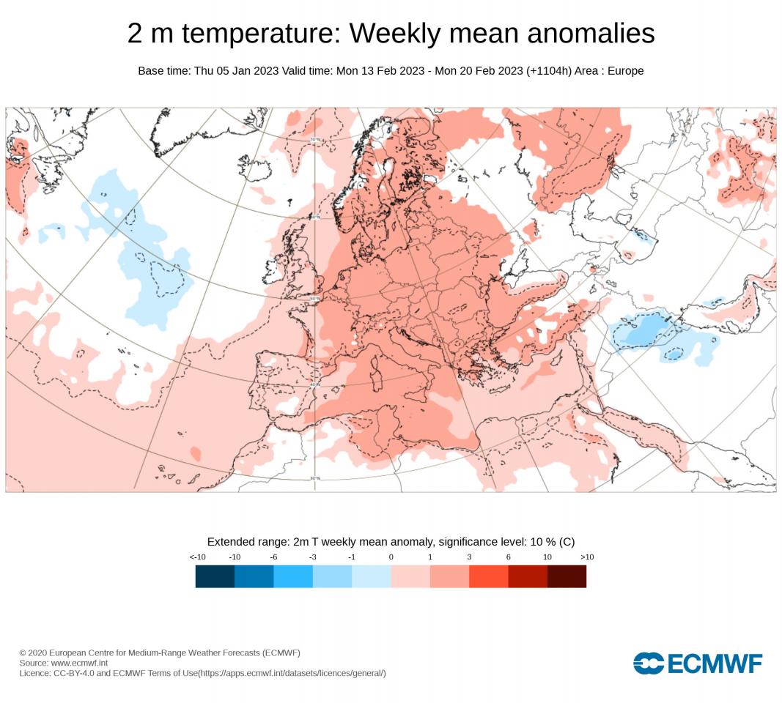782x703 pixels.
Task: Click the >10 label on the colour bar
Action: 586,557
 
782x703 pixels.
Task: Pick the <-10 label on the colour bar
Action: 196,557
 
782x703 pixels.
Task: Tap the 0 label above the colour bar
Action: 391,557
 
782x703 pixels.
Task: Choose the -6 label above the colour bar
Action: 273,557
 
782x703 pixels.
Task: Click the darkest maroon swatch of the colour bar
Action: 567,576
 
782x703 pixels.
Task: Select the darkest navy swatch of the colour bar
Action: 215,576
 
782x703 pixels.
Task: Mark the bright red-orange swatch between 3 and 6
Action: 488,576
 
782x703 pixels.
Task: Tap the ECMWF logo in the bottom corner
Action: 698,663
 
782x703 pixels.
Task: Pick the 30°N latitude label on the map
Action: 316,479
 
